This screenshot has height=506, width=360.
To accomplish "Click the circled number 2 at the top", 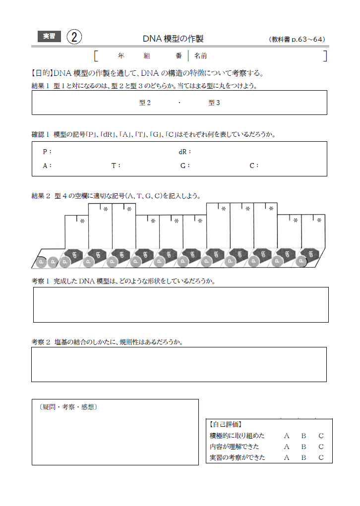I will pyautogui.click(x=74, y=37).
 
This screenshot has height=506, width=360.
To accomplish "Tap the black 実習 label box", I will pyautogui.click(x=50, y=36).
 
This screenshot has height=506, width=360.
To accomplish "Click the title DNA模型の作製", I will pyautogui.click(x=173, y=39).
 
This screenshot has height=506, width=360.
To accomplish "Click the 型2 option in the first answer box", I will pyautogui.click(x=145, y=103).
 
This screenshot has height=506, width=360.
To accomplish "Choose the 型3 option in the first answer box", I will pyautogui.click(x=214, y=103).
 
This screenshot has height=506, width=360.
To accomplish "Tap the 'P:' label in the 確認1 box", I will pyautogui.click(x=47, y=152).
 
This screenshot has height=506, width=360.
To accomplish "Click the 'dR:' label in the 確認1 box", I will pyautogui.click(x=184, y=152).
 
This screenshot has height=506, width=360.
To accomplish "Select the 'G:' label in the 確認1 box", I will pyautogui.click(x=185, y=166).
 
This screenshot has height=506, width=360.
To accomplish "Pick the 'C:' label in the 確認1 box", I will pyautogui.click(x=254, y=166).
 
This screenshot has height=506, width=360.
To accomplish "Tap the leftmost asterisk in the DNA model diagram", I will pyautogui.click(x=82, y=221).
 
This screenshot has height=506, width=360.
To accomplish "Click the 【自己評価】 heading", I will pyautogui.click(x=226, y=424).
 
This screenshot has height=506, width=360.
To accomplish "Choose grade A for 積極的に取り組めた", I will pyautogui.click(x=287, y=436).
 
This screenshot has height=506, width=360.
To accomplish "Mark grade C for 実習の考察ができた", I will pyautogui.click(x=321, y=457).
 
